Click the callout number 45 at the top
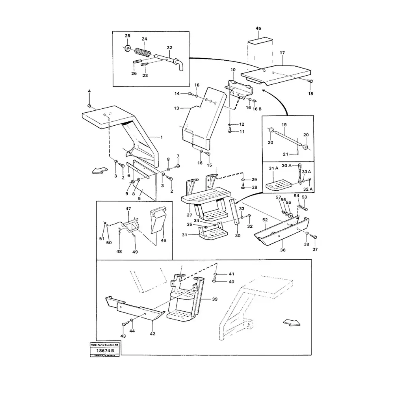[x=258, y=28]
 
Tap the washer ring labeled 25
[x=128, y=49]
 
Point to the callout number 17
[x=282, y=52]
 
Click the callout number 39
[x=215, y=299]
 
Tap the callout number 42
[x=152, y=334]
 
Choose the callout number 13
[x=176, y=108]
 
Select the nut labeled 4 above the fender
[x=89, y=106]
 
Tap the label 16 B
[x=257, y=108]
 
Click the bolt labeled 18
[x=310, y=81]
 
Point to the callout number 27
[x=190, y=215]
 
